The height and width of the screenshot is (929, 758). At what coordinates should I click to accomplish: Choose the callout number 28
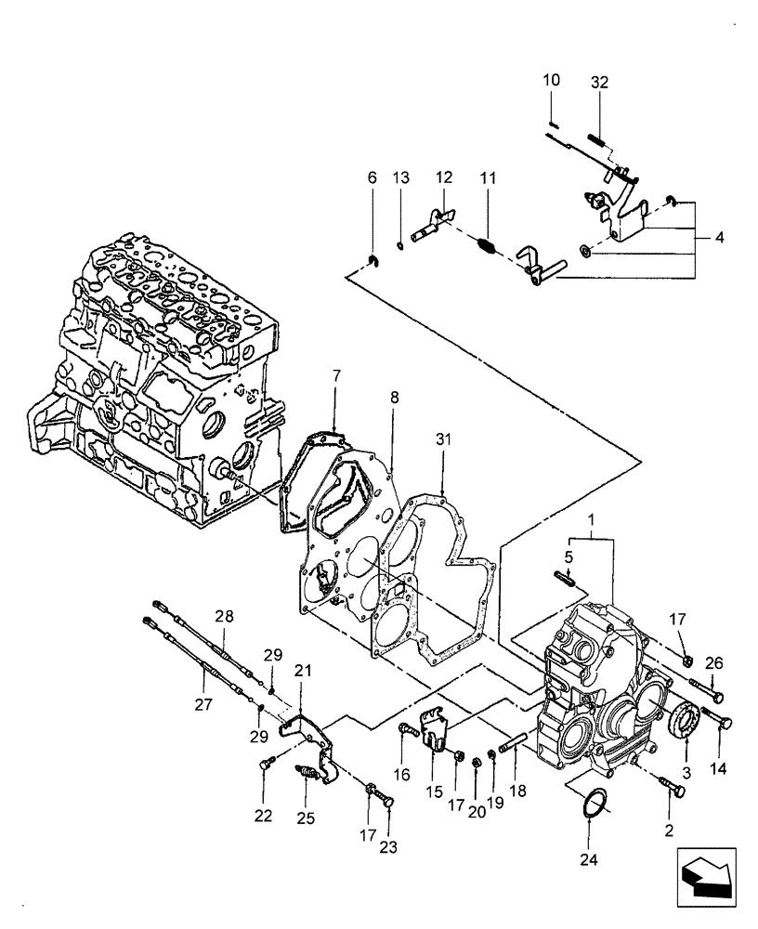click(222, 616)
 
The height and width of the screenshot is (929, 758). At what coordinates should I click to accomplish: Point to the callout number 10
click(551, 81)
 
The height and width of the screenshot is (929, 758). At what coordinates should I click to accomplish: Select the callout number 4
click(721, 237)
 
